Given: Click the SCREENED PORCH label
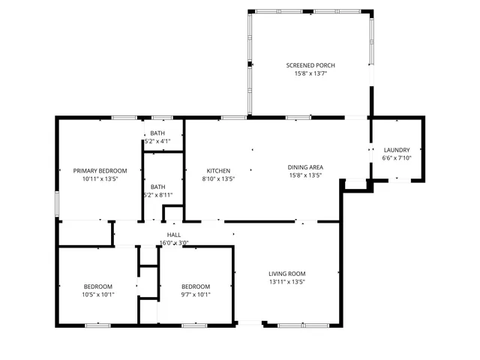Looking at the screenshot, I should pos(310,65).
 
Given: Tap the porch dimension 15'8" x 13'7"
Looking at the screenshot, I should pos(310,73).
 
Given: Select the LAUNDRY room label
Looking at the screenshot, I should pos(397,150).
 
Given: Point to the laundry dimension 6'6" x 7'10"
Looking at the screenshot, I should pos(397,158).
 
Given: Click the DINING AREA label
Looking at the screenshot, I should pos(305,167).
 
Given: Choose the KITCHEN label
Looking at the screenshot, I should pos(218,171).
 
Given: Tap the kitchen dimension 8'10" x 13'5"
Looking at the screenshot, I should pos(218,179).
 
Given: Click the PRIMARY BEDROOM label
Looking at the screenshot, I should pos(100,171).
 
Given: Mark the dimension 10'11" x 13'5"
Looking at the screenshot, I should pos(100,179).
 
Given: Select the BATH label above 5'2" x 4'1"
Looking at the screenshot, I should pos(157,133).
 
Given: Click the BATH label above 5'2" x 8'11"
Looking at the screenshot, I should pos(157,187).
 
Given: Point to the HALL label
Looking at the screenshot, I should pos(174,235).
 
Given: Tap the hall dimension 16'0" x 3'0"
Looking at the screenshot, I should pos(174,243).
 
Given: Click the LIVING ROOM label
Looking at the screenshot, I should pos(287,274).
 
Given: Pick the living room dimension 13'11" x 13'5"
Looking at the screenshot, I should pos(287,282).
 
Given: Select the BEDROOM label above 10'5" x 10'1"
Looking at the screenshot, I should pos(97,286).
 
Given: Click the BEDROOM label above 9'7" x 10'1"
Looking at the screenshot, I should pos(196,286).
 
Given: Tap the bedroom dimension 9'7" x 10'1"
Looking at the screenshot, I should pos(196,295).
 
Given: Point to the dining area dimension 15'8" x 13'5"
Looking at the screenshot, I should pos(305,175).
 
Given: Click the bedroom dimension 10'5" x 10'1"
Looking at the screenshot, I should pos(97,295).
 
